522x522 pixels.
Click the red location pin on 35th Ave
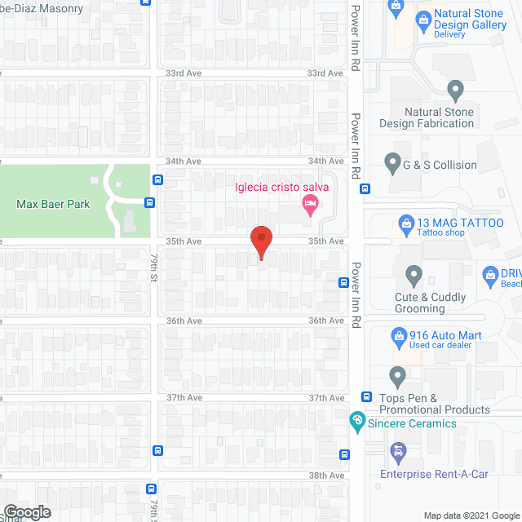pos(260,242)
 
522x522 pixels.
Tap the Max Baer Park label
pos(53,204)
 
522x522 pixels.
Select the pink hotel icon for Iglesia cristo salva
pos(308,208)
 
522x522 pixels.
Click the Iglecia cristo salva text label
pos(281,188)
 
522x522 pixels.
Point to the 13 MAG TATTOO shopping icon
pos(405,222)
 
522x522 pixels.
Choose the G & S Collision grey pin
pos(392,164)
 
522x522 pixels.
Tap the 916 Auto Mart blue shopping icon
pos(399,335)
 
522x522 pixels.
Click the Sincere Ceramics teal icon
pos(356,422)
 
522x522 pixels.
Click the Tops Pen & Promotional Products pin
pos(397,377)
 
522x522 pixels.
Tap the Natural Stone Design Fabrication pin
pos(455,89)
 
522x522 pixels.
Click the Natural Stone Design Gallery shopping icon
pos(422,18)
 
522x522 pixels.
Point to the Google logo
pos(26,511)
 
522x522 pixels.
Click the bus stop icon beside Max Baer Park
pos(150,202)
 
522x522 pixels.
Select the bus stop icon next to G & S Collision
pos(365,188)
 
